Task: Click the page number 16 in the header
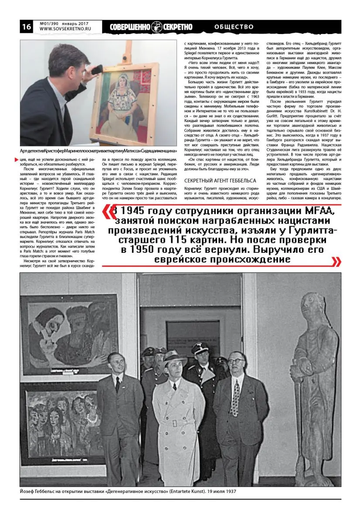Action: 26,27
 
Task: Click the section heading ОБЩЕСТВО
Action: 234,27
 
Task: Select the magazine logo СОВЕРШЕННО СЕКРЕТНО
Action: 151,27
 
